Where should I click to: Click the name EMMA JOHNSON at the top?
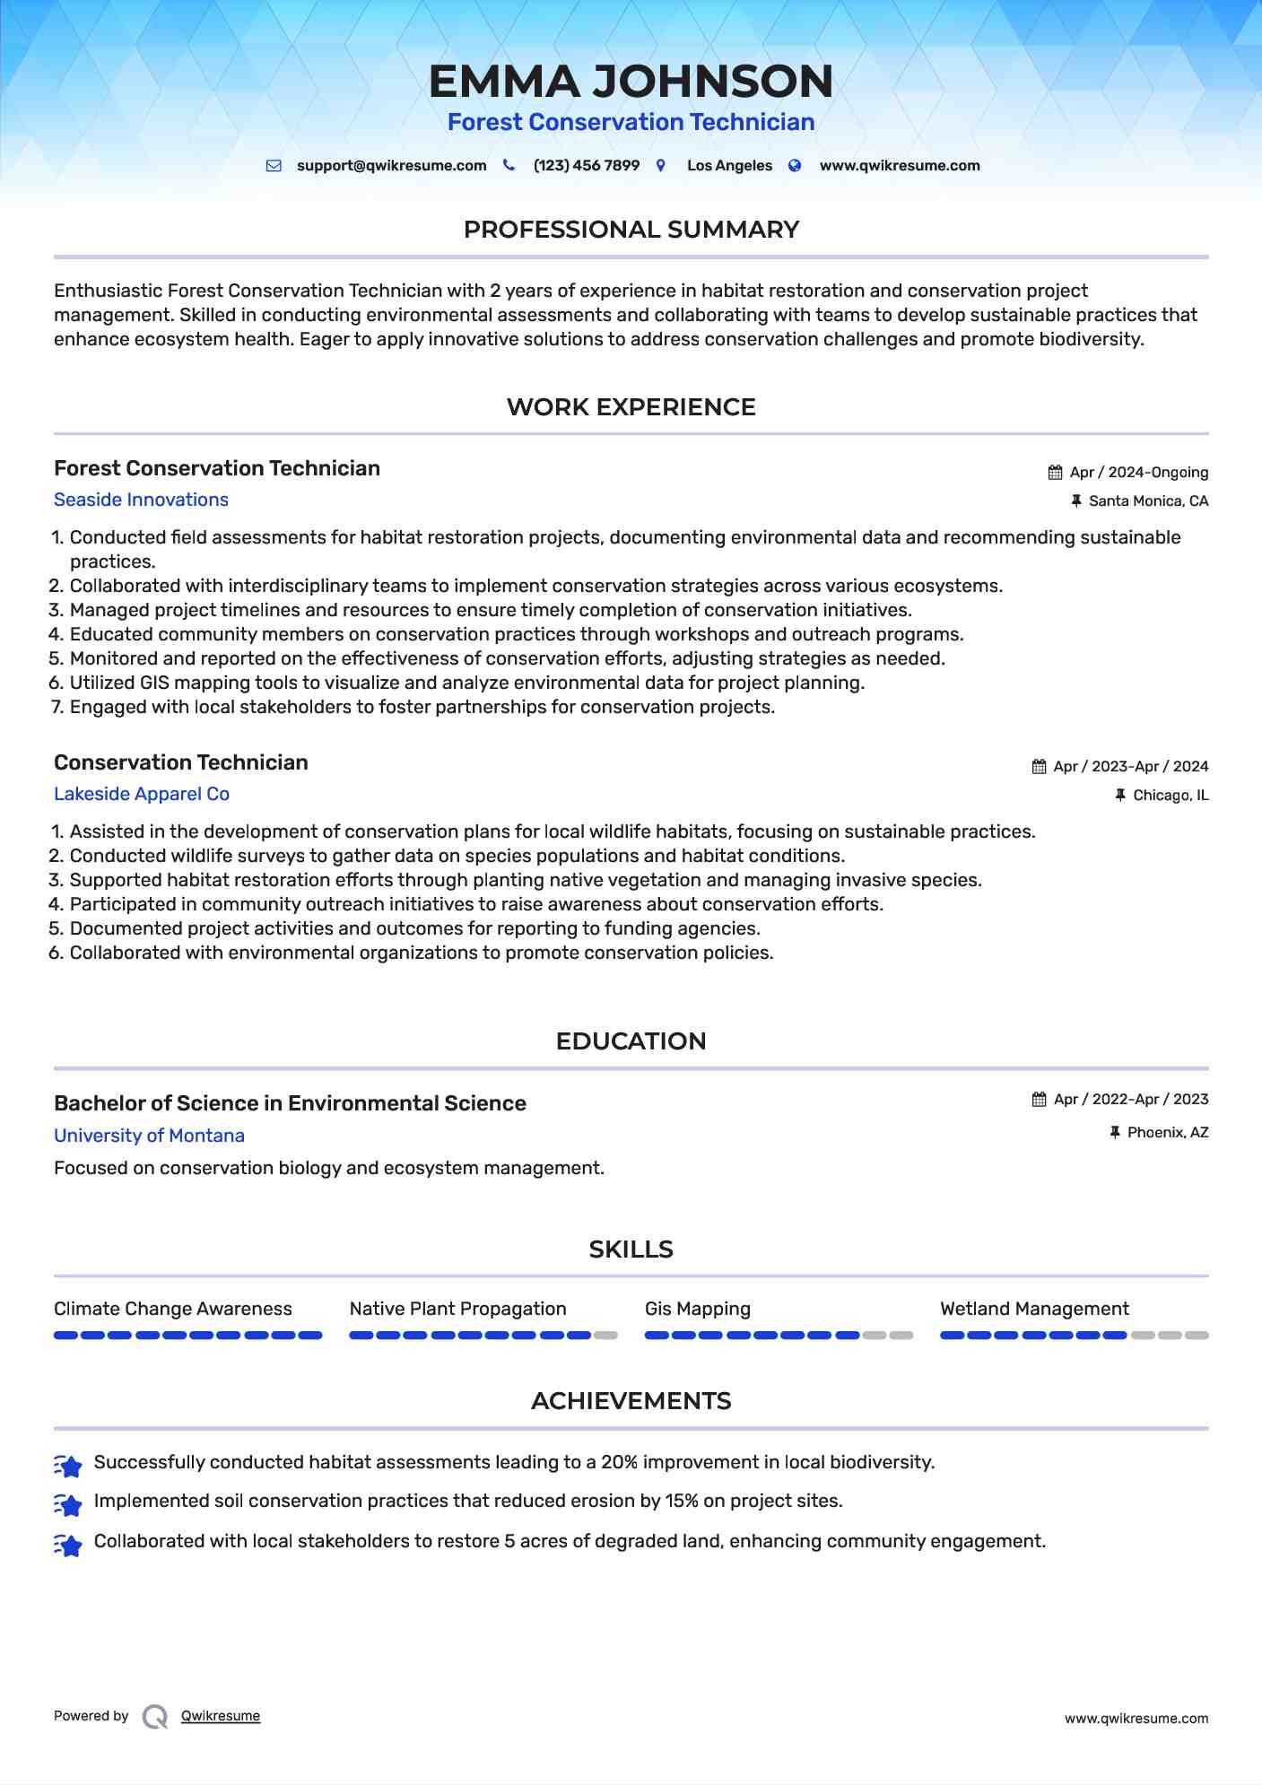[x=631, y=82]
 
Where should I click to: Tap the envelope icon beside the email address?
[x=274, y=166]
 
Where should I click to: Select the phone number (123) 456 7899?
[x=586, y=166]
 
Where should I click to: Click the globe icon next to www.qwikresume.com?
[x=795, y=166]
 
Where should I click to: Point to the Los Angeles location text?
[x=729, y=166]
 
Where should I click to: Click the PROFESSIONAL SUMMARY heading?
[x=631, y=230]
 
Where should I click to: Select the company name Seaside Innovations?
[x=141, y=500]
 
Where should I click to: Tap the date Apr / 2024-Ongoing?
[x=1138, y=473]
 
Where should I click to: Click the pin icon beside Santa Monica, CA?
[x=1076, y=501]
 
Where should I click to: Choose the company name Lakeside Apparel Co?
[x=142, y=794]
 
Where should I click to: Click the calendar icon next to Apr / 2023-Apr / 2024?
[x=1039, y=767]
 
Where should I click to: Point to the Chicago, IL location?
[x=1171, y=796]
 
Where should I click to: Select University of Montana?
[x=149, y=1136]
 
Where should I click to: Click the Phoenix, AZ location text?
[x=1168, y=1133]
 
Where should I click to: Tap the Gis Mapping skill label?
[x=697, y=1309]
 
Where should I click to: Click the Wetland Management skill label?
[x=1034, y=1309]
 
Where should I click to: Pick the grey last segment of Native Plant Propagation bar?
[x=606, y=1336]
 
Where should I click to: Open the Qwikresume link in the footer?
[x=221, y=1716]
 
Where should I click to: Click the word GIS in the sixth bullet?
[x=154, y=683]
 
